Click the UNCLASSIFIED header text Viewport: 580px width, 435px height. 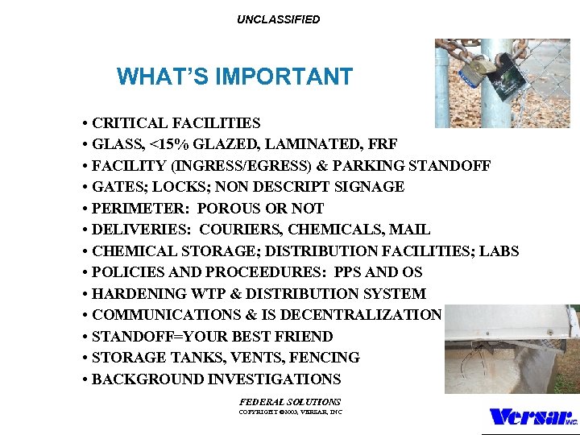pos(278,19)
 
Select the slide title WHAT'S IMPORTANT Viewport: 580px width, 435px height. pos(234,77)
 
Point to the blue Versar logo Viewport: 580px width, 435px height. pos(532,416)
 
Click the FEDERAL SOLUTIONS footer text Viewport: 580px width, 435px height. pos(290,401)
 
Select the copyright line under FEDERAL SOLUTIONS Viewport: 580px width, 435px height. pos(290,412)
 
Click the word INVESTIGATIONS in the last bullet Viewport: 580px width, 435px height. pos(274,379)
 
